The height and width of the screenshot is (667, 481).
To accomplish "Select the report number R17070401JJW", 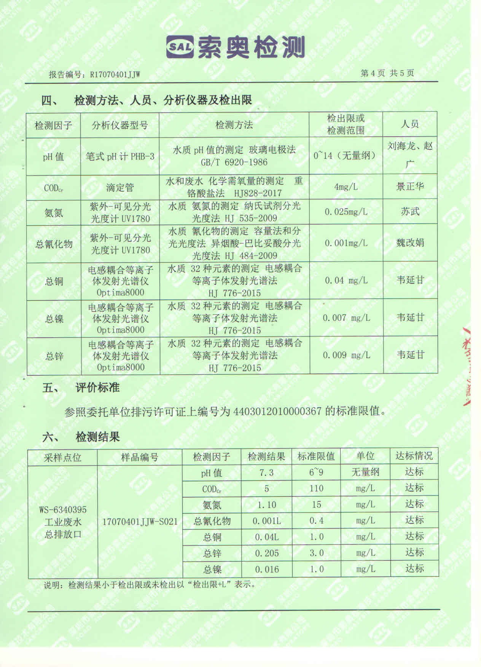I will pos(115,75).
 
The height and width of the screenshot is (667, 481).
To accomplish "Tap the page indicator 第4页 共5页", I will pos(387,73).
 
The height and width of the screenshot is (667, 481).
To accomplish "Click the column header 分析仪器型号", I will pos(119,125).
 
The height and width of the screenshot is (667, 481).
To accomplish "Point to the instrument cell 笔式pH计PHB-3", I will pos(120,156).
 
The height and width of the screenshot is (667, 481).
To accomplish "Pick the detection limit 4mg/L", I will pos(346,187).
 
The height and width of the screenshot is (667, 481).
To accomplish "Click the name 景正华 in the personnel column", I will pos(410,187).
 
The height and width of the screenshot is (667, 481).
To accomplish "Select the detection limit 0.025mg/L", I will pos(346,212).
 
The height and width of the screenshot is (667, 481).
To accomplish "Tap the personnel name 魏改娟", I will pos(410,243).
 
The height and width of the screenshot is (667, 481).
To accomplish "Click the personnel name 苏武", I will pos(410,212).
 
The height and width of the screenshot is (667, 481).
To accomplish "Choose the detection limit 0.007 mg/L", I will pos(346,318).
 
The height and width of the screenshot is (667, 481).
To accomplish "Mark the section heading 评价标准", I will pos(97,388).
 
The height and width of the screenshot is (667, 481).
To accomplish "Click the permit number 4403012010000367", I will pos(277,412).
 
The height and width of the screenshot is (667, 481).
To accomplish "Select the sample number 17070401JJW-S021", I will pos(140,521).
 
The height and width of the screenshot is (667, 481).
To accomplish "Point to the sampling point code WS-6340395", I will pos(63,509).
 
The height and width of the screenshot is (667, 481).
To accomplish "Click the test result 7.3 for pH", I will pos(266,473).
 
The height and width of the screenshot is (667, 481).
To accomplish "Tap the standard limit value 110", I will pos(316,489).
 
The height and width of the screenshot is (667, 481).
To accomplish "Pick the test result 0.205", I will pos(266,553).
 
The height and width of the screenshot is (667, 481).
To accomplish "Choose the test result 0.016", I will pos(266,570).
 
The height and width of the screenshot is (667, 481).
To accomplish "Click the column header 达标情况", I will pos(414,456).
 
